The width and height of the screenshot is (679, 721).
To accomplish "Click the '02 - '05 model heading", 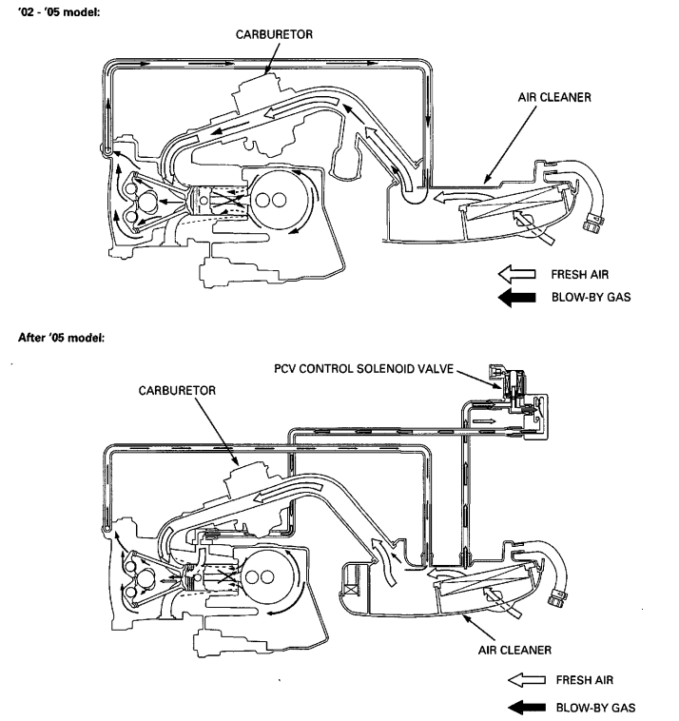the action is [x=59, y=12].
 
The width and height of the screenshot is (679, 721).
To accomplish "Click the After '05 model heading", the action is [x=62, y=338].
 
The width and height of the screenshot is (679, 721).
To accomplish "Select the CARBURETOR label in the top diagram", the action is [x=274, y=34].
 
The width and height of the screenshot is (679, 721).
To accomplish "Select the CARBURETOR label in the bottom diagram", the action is [x=177, y=390].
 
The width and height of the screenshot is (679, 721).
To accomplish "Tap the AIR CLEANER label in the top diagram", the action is [x=554, y=97].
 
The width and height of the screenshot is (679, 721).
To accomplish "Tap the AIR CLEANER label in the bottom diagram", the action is [x=514, y=651].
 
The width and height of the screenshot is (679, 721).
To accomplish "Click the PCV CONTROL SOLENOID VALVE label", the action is [x=363, y=369].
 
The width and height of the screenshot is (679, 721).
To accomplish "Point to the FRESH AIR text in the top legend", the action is [x=580, y=275].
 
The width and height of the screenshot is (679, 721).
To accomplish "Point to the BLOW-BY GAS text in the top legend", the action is [x=592, y=297].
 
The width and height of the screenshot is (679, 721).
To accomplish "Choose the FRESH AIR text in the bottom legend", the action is [x=584, y=680].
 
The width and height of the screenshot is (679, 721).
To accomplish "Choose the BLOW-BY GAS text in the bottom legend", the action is [x=596, y=708].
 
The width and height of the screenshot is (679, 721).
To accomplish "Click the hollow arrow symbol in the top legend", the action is [x=516, y=274].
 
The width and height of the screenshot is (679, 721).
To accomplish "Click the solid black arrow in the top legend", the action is [x=516, y=298].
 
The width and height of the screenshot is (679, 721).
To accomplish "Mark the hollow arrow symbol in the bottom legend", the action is [x=527, y=680].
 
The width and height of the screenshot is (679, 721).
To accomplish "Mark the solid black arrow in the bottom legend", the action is [x=527, y=708].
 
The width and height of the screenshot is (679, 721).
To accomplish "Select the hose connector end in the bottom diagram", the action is [x=557, y=599].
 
